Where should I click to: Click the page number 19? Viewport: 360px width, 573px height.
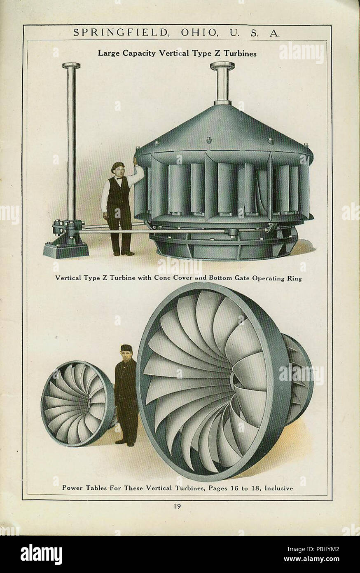[x=180, y=507]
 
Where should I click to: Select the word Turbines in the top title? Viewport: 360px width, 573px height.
[x=240, y=53]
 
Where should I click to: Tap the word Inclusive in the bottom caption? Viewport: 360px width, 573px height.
[x=279, y=488]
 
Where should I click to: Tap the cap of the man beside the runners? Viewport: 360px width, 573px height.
[x=126, y=347]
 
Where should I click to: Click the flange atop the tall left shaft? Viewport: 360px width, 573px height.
[x=71, y=66]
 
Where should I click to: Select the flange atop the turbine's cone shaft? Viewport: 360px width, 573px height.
[x=222, y=66]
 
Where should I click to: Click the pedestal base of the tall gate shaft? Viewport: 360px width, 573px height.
[x=66, y=247]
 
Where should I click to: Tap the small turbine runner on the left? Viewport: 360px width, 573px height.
[x=77, y=403]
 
